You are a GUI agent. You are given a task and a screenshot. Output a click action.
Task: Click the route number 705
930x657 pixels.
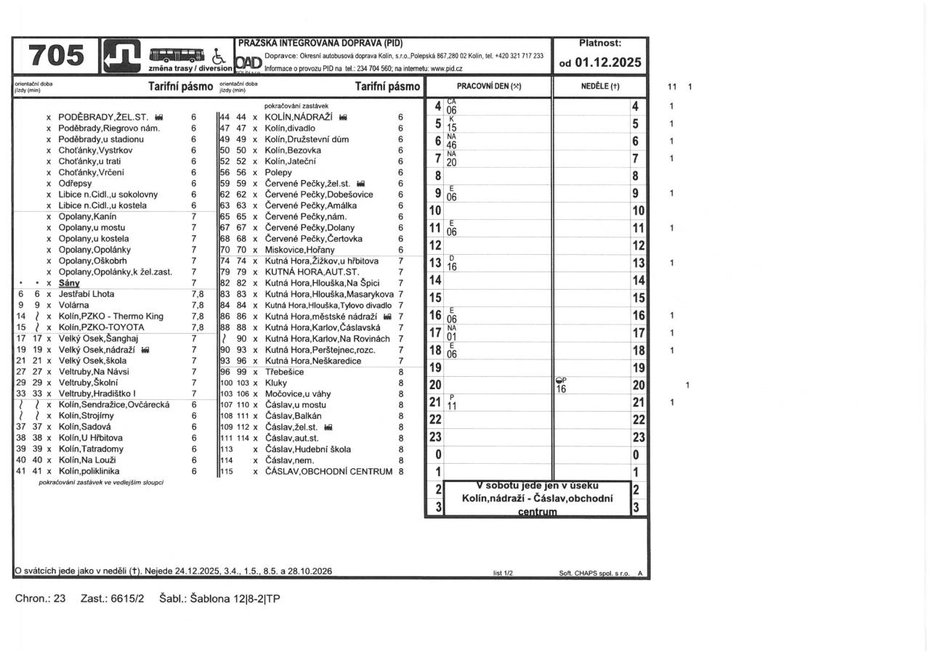56,56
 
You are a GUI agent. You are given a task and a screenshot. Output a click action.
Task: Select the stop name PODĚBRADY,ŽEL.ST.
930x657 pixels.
103,117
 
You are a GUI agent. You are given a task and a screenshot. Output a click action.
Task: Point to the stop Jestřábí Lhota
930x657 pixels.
86,294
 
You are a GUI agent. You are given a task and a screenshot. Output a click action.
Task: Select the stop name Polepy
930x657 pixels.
278,172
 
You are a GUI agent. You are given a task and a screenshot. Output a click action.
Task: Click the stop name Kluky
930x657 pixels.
276,383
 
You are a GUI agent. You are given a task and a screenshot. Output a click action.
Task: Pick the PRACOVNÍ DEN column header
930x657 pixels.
489,86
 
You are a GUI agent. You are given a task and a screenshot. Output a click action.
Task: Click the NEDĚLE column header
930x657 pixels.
599,86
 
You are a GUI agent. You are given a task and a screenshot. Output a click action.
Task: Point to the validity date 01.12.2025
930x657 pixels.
608,62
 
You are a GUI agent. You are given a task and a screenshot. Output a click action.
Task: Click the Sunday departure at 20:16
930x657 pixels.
560,389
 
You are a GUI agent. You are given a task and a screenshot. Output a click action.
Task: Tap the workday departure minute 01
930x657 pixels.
452,336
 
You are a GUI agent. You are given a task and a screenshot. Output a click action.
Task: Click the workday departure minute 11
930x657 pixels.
452,405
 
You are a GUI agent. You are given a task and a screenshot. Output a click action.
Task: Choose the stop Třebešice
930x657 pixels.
284,372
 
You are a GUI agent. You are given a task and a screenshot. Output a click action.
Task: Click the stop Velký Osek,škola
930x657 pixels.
92,361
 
